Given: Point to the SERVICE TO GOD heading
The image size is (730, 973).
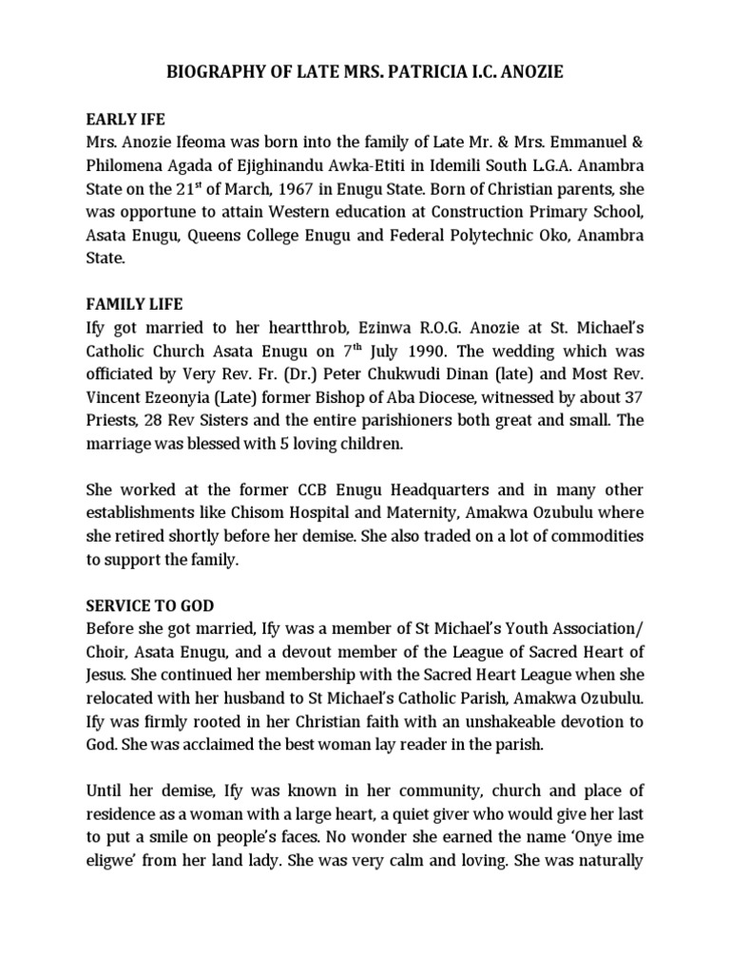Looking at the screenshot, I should [x=150, y=605].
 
